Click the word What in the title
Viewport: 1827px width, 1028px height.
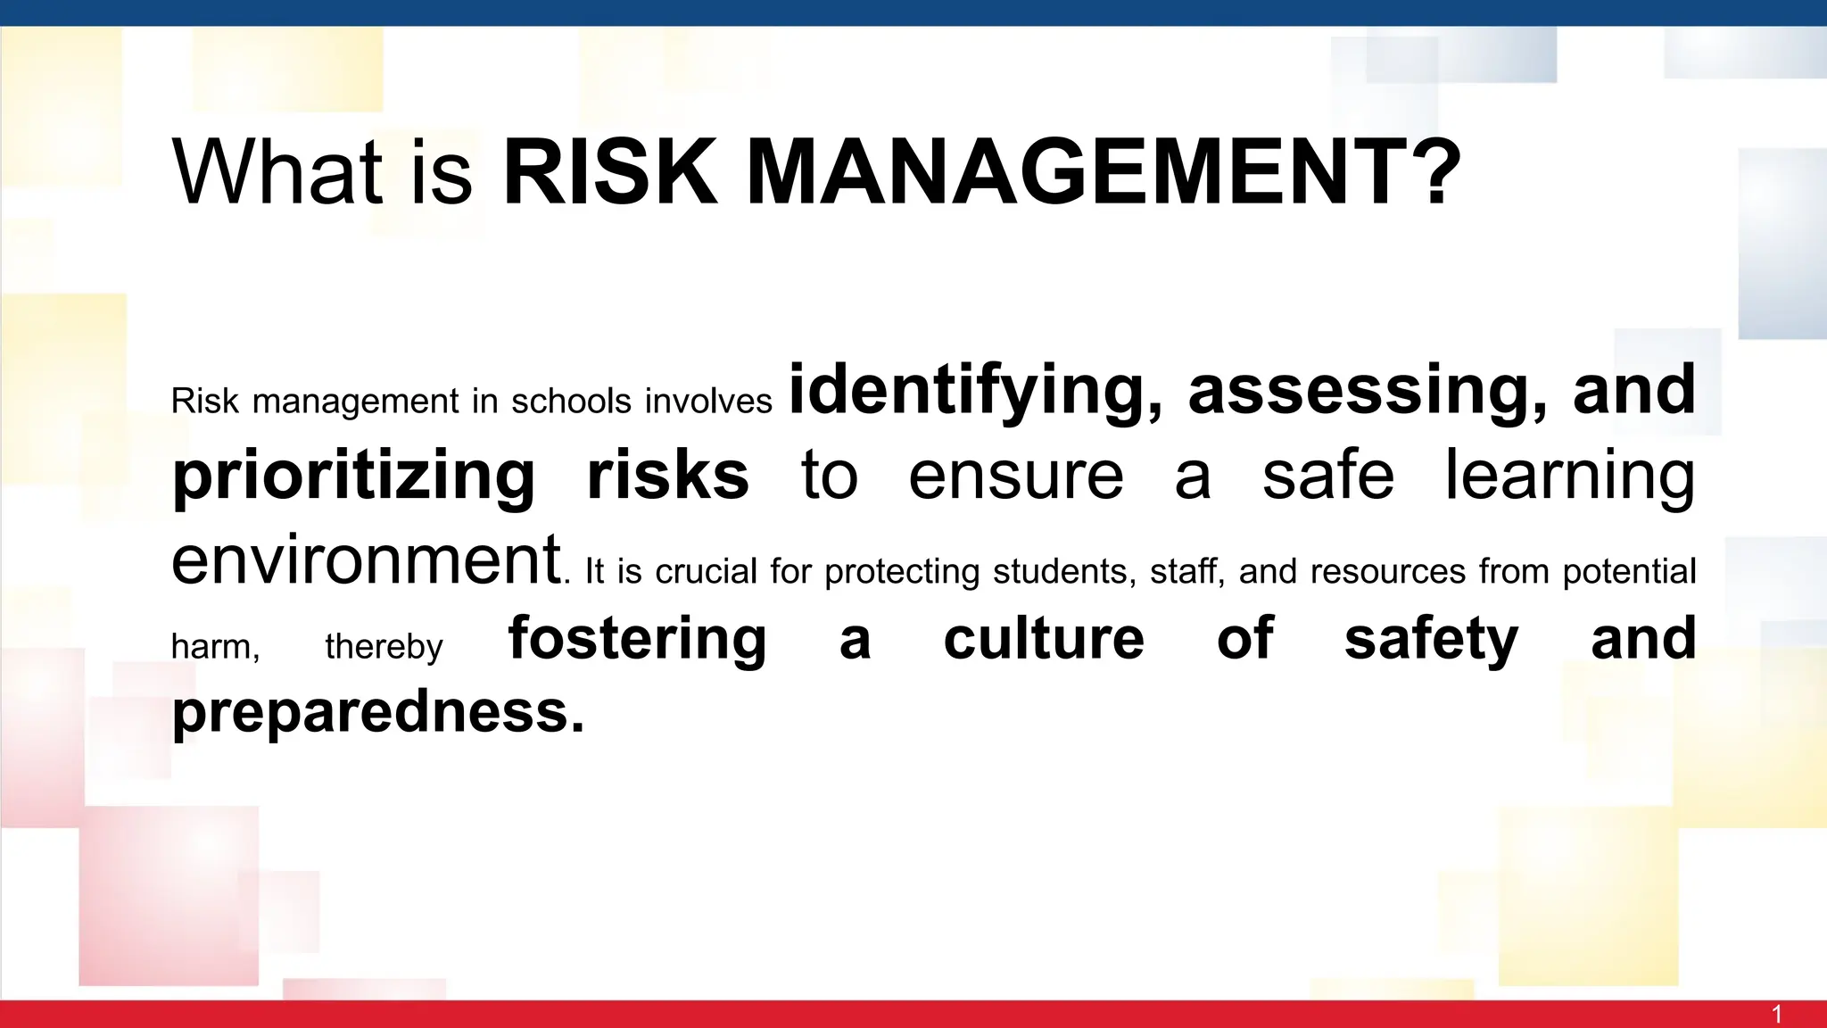[277, 171]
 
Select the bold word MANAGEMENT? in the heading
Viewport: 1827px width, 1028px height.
[1104, 171]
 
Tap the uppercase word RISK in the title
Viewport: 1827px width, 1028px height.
[610, 171]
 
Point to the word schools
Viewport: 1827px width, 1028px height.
[571, 402]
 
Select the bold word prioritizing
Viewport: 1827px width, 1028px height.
[354, 477]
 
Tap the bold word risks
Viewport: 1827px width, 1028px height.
[667, 475]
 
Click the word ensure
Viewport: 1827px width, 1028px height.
[1016, 477]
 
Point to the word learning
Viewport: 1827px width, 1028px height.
[1570, 477]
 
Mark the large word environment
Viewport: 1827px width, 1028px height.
[367, 560]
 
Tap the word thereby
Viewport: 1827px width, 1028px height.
[384, 647]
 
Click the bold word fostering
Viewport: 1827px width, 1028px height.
[637, 640]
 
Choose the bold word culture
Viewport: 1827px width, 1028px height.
[1044, 639]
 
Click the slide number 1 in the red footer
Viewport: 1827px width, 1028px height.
[1777, 1015]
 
